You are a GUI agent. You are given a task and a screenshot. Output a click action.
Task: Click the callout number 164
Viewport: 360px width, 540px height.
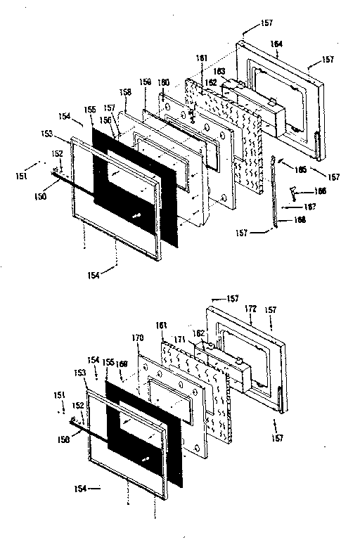[x=276, y=44]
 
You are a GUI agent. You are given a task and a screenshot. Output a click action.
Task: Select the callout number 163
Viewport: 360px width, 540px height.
[x=220, y=72]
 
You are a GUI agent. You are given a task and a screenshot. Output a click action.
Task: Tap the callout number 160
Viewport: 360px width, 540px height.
[x=164, y=83]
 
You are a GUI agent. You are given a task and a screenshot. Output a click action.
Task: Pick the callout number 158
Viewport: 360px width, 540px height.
[x=125, y=91]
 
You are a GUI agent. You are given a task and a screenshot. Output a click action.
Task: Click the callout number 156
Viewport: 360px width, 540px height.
[x=104, y=119]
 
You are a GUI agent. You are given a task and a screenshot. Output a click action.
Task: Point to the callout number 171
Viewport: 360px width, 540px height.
[x=181, y=340]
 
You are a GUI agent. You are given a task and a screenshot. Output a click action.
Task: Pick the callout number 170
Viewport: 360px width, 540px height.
[x=138, y=338]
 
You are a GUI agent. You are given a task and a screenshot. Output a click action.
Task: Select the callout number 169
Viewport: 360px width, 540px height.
[x=122, y=364]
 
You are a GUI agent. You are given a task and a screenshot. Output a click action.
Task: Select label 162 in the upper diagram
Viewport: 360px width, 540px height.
[x=212, y=82]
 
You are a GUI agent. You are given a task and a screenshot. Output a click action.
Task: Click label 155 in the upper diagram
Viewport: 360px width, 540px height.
[x=90, y=110]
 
